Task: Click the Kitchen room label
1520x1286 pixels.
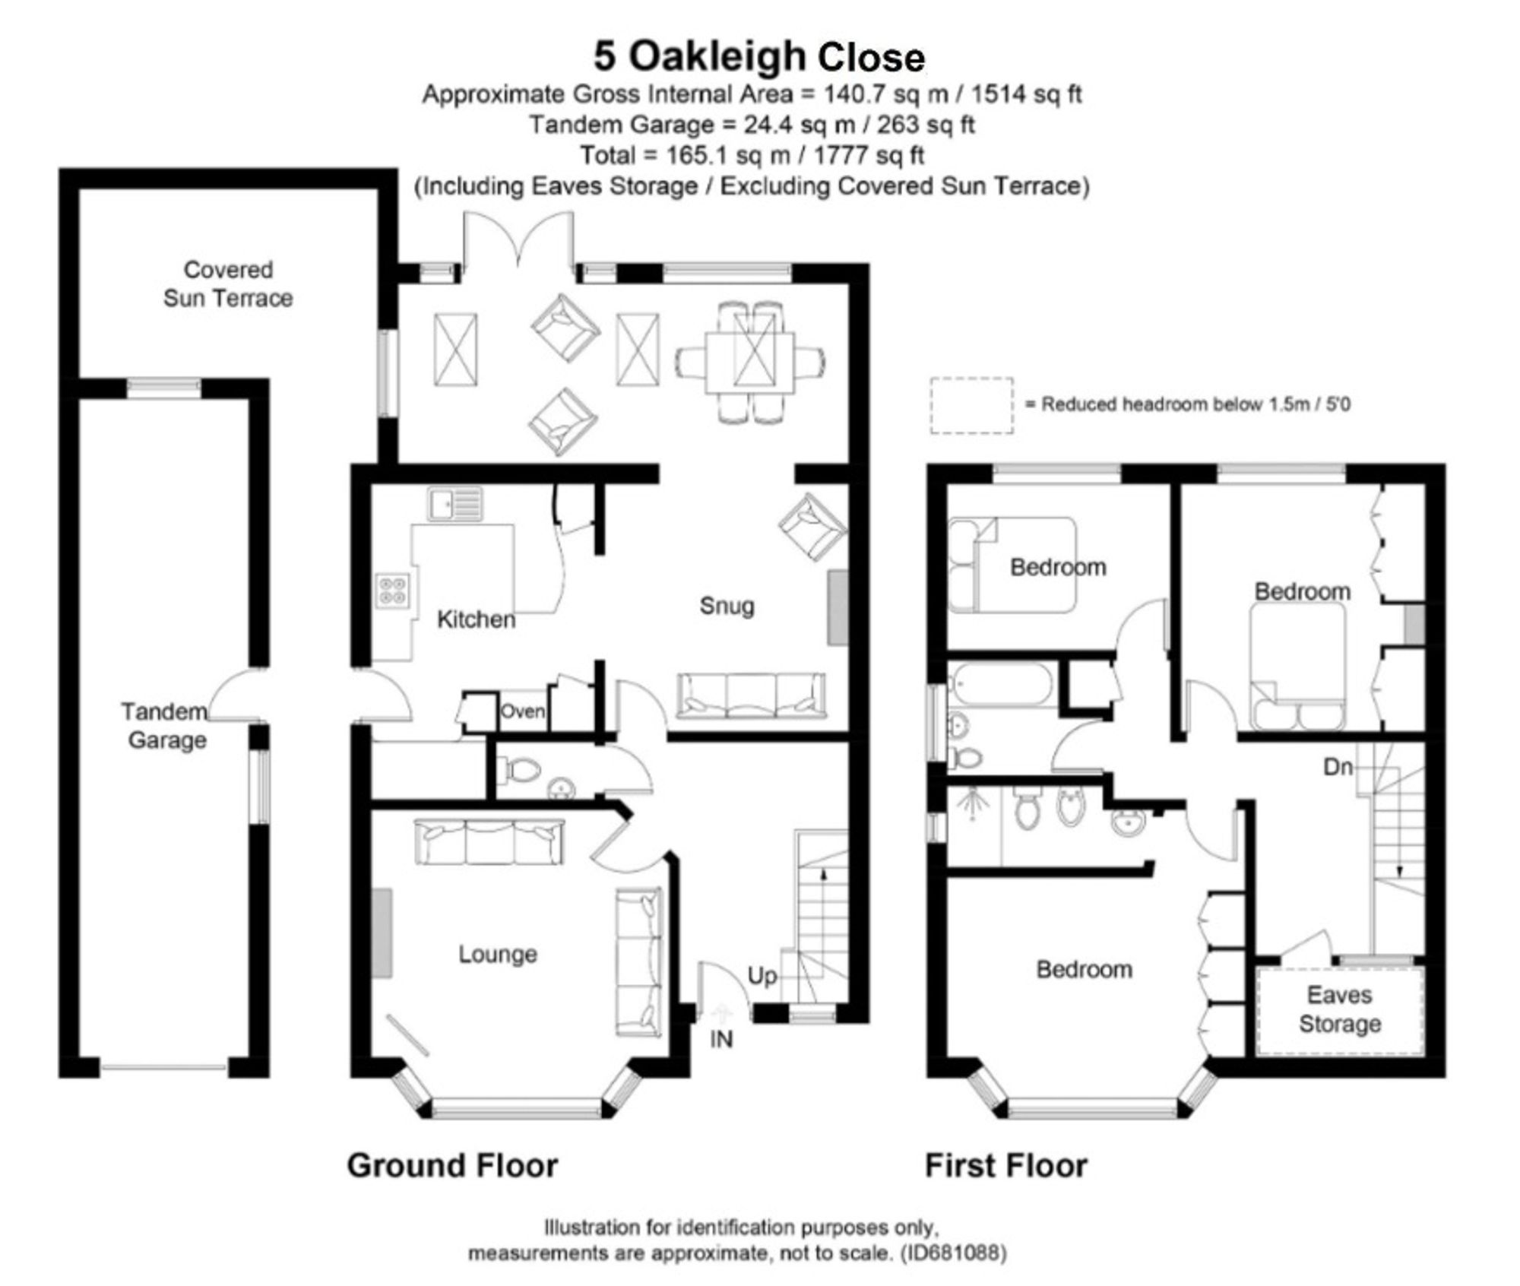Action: point(477,619)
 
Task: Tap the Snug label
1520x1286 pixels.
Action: point(727,606)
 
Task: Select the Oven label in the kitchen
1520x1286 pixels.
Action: point(522,711)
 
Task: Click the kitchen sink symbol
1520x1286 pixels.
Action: point(454,504)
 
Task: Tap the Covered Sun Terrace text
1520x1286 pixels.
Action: point(228,283)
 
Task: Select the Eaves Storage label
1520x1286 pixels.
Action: point(1340,1009)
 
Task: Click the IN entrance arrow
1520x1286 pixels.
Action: point(720,1015)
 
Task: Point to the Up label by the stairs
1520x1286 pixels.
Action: point(762,977)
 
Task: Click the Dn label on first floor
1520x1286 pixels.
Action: point(1338,767)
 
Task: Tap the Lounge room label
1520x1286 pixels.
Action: point(498,954)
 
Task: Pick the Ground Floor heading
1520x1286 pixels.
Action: point(452,1165)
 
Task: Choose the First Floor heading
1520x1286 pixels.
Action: point(1006,1165)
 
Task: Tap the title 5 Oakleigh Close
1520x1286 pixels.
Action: point(759,57)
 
